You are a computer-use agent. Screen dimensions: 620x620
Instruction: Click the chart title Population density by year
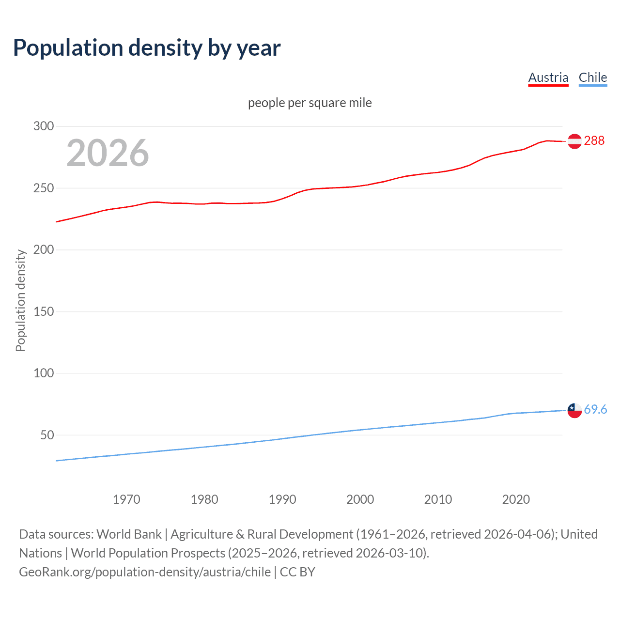[147, 48]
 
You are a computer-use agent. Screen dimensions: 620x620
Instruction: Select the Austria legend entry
[548, 77]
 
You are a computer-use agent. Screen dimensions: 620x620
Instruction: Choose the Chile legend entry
[592, 77]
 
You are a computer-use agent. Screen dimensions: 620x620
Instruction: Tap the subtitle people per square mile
[310, 103]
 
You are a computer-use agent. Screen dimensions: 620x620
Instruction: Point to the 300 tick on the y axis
[44, 126]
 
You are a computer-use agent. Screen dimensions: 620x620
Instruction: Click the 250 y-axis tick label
[44, 188]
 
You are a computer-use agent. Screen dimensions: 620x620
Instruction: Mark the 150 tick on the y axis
[44, 311]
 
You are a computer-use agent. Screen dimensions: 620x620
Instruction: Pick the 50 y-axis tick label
[47, 435]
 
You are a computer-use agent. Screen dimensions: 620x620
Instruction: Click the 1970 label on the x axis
[126, 499]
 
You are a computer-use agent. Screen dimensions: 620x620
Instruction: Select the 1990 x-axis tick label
[282, 499]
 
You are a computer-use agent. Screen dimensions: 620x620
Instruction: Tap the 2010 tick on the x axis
[438, 499]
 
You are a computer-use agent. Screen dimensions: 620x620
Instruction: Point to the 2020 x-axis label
[516, 499]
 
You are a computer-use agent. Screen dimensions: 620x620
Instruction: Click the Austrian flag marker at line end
[574, 141]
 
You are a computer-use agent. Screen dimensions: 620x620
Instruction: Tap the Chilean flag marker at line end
[574, 410]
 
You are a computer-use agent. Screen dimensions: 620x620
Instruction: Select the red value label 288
[594, 141]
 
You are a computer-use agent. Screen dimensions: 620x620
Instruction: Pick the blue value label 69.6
[595, 410]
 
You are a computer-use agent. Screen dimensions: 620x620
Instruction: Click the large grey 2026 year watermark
[108, 153]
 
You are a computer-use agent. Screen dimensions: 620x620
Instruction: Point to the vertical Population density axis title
[20, 300]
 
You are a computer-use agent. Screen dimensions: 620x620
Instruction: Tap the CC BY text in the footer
[297, 572]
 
